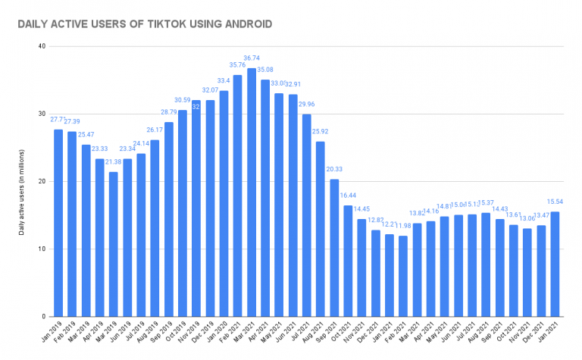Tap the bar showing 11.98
(403, 276)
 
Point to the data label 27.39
(72, 122)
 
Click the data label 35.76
(237, 65)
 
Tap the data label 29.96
(307, 105)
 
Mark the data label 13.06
(527, 218)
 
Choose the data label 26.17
(155, 130)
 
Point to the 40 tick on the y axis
(42, 47)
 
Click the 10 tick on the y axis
(42, 249)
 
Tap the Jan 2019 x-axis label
(53, 333)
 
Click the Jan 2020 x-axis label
(218, 333)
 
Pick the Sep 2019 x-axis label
(163, 333)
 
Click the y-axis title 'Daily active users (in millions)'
(23, 182)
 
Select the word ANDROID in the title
(245, 25)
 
